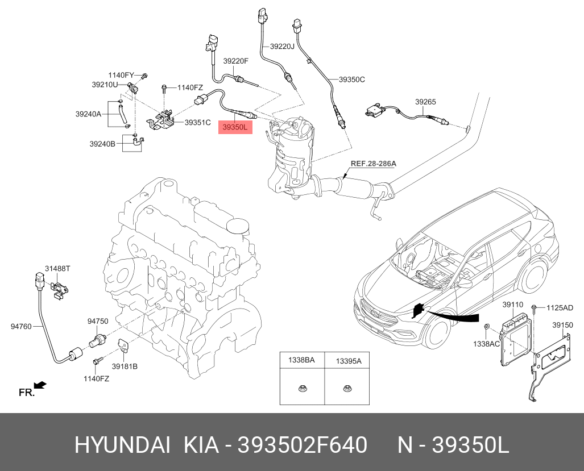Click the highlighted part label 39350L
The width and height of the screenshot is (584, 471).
coord(235,127)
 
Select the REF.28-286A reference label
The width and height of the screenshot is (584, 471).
coord(373,164)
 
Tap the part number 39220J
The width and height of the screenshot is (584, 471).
coord(282,47)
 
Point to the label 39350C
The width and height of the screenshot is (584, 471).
coord(351,80)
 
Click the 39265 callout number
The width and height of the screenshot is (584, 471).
coord(425,102)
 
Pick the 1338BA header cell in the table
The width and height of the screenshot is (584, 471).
coord(301,360)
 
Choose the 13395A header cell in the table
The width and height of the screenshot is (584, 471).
coord(348,360)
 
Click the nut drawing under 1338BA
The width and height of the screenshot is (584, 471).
coord(301,389)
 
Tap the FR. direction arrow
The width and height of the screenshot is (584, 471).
coord(40,386)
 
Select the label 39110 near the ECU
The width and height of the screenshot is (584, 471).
coord(512,305)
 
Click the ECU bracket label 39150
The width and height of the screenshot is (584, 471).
coord(562,325)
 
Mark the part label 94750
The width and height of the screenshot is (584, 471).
coord(98,321)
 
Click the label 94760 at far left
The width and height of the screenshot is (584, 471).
coord(21,327)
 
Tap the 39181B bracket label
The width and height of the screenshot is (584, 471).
coord(125,366)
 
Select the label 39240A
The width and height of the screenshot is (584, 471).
coord(88,114)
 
